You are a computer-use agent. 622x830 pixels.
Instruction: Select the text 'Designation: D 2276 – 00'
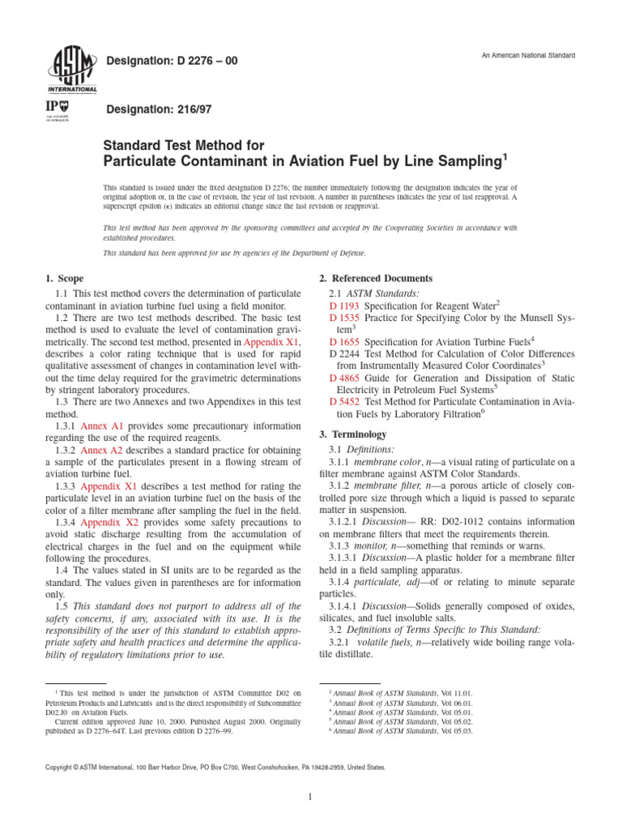coord(173,61)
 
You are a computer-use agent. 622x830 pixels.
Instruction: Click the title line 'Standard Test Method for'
coord(183,146)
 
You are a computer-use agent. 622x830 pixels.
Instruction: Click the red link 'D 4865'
coord(344,379)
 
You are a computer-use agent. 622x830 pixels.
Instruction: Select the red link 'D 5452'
coord(344,402)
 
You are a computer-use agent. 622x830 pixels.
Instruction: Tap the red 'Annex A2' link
coord(103,450)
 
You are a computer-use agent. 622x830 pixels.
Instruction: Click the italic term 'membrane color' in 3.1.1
coord(384,462)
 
